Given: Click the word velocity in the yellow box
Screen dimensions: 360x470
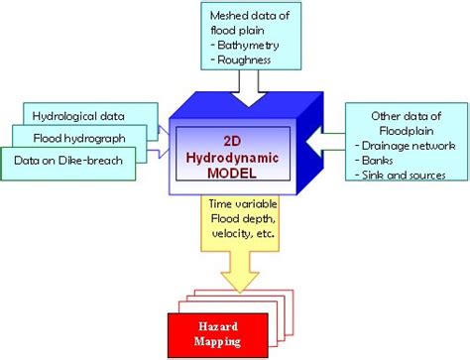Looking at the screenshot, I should tap(230, 235).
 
